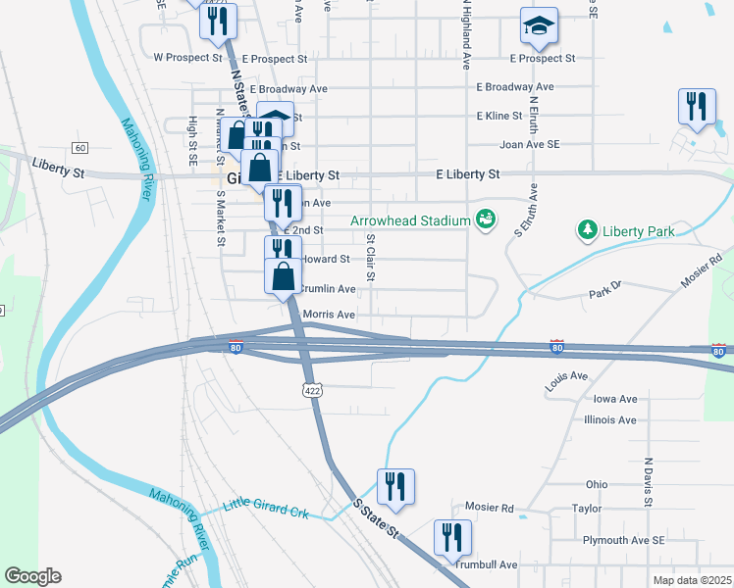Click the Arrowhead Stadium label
pyautogui.click(x=411, y=220)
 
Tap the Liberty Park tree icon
pyautogui.click(x=587, y=230)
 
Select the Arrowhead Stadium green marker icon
pyautogui.click(x=484, y=220)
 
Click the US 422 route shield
pyautogui.click(x=312, y=390)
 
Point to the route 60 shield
pyautogui.click(x=79, y=147)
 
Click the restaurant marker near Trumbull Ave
pyautogui.click(x=453, y=539)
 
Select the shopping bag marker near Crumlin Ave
pyautogui.click(x=283, y=278)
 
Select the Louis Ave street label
pyautogui.click(x=567, y=376)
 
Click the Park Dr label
pyautogui.click(x=605, y=294)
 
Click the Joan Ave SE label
pyautogui.click(x=530, y=143)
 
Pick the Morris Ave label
pyautogui.click(x=329, y=315)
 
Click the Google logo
pyautogui.click(x=33, y=576)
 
